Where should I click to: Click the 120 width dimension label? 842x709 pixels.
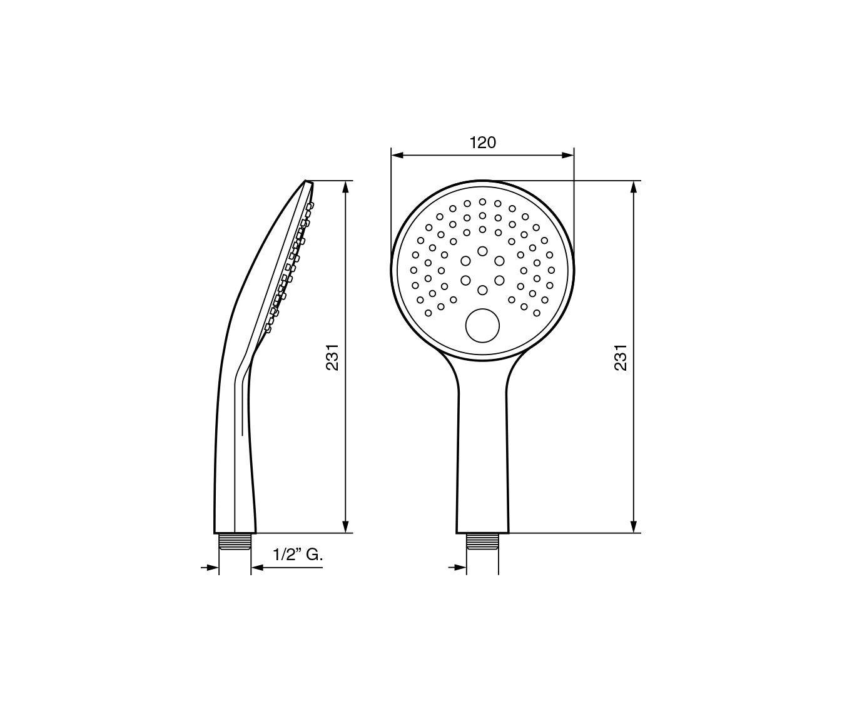pos(482,143)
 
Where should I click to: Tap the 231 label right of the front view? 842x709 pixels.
pos(621,357)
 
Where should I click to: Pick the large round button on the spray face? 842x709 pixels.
pos(482,326)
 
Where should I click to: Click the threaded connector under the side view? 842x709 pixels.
pos(235,541)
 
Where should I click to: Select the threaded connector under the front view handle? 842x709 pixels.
pos(482,541)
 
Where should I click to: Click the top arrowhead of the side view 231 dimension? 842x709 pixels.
pos(345,186)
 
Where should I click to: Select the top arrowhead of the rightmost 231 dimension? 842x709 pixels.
pos(634,186)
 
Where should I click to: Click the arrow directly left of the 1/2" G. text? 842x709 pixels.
pos(256,568)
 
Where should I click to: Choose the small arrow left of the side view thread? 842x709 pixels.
pos(213,568)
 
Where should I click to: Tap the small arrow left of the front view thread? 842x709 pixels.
pos(461,568)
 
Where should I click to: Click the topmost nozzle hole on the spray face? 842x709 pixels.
pos(482,201)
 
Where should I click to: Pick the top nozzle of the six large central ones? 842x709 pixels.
pos(482,251)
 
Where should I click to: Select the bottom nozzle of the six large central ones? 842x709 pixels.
pos(482,289)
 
